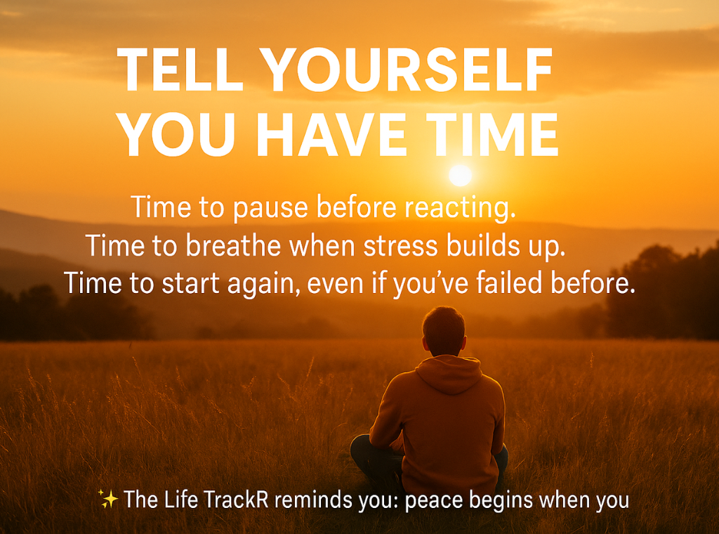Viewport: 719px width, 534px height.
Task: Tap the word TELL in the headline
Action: [x=180, y=70]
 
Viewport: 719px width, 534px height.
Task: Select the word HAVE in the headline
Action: [x=331, y=134]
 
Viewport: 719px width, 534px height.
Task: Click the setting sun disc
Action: [x=461, y=175]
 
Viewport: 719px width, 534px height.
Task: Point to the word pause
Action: [x=270, y=208]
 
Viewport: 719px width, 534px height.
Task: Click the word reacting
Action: [x=460, y=207]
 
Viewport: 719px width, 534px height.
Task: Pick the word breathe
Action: [x=233, y=245]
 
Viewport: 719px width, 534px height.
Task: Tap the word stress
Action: [x=401, y=246]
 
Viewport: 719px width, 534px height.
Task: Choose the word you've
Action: [x=430, y=284]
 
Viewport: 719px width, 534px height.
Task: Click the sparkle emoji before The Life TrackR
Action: [x=108, y=499]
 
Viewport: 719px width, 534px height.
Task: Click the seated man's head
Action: [x=444, y=330]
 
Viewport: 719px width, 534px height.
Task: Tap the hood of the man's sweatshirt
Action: [x=449, y=374]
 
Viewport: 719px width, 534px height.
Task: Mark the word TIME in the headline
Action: [x=492, y=134]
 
